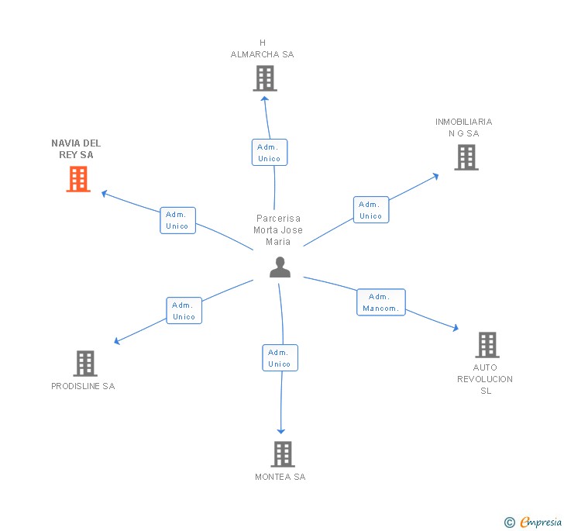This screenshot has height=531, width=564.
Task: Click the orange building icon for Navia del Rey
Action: click(78, 179)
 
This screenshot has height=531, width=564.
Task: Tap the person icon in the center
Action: click(280, 267)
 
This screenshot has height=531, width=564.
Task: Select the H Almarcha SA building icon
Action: click(264, 78)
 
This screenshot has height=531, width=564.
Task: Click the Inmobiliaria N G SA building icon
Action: click(466, 157)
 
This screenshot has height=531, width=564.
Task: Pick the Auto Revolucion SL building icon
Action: click(487, 345)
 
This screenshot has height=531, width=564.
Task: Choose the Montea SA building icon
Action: click(283, 454)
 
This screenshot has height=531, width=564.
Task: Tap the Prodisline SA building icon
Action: click(84, 363)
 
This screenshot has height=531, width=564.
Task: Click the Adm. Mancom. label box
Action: click(380, 302)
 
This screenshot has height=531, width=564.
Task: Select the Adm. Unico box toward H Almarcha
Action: click(269, 153)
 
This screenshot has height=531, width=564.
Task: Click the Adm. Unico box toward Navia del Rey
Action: click(177, 220)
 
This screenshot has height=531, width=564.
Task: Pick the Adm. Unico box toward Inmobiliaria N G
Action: click(371, 210)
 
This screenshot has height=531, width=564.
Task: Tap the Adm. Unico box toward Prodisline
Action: click(184, 311)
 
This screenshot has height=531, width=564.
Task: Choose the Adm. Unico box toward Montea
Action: click(280, 358)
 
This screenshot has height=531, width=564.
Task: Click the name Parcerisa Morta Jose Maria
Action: click(278, 230)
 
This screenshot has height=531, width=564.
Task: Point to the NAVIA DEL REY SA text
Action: click(76, 149)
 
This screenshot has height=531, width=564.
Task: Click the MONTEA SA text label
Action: click(280, 477)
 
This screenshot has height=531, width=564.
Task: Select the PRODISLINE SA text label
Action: click(83, 386)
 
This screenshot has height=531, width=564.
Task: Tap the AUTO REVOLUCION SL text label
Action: click(485, 379)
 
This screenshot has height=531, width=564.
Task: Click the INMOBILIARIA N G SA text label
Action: click(463, 127)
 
